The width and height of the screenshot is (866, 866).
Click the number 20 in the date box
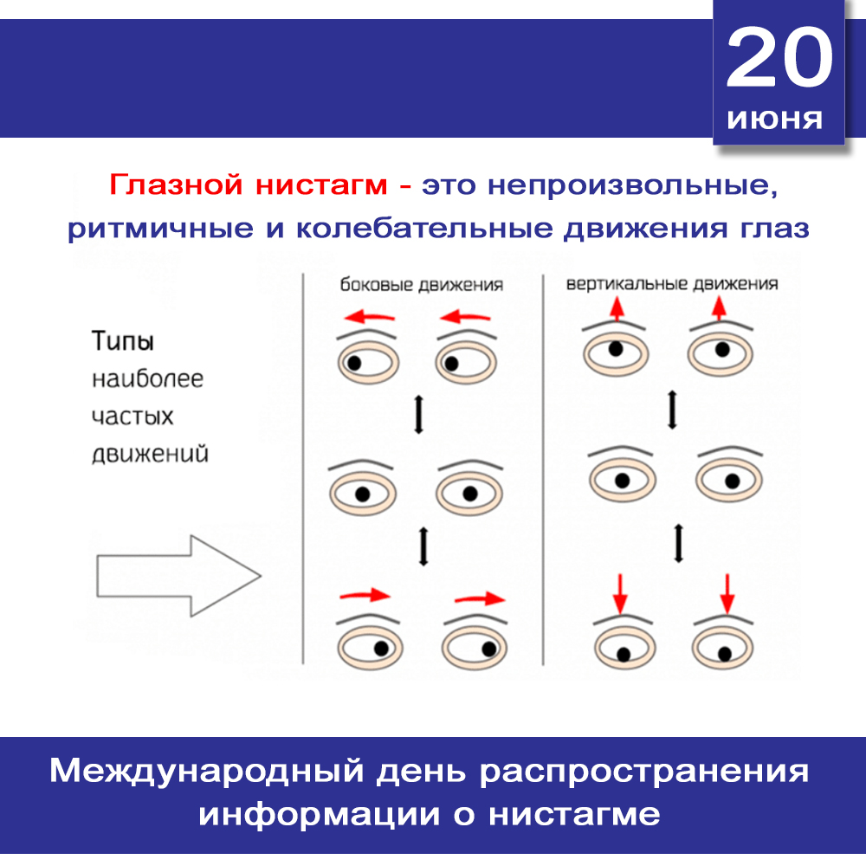coord(779,57)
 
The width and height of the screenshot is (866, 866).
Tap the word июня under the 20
coord(775,120)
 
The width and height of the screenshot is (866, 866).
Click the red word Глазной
coord(176,184)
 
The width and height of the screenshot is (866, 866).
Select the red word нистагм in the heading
coord(321,185)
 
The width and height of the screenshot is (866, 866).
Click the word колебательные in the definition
coord(424,228)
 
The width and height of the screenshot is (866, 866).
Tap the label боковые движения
coord(422,284)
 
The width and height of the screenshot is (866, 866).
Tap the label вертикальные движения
coord(672,284)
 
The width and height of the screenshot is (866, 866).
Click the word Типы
coord(123,340)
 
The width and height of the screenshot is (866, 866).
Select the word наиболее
coord(147,379)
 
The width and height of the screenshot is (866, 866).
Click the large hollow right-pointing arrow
coord(178,576)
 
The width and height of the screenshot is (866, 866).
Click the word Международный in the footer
coord(207,771)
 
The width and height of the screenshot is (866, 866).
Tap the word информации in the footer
coord(320,815)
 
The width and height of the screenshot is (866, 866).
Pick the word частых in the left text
coord(132,417)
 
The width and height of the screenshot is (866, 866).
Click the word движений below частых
coord(150,454)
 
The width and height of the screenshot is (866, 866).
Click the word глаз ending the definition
coord(775,228)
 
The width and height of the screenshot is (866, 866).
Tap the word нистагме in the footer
coord(574,815)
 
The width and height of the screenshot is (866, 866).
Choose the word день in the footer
coord(422,772)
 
